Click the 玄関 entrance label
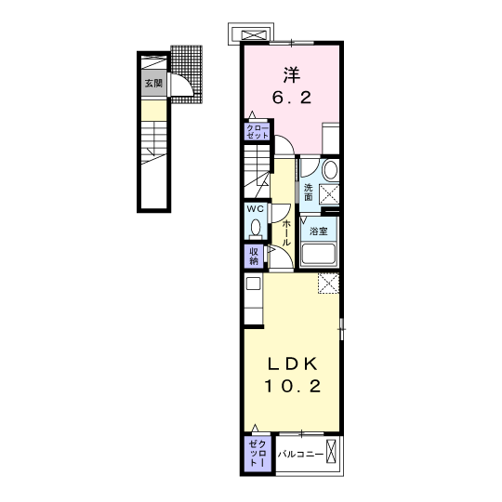(x=154, y=84)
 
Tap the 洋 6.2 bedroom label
(x=292, y=86)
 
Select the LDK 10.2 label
(x=292, y=376)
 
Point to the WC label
(x=256, y=209)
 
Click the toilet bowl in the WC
(x=256, y=228)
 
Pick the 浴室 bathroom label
(x=318, y=231)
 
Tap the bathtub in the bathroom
(x=319, y=255)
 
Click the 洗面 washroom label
(x=308, y=192)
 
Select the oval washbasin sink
(x=330, y=170)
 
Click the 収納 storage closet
(x=254, y=257)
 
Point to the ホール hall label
(x=286, y=232)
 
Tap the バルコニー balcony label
(x=300, y=454)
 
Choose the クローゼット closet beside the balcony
(x=258, y=454)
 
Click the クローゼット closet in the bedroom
(x=258, y=131)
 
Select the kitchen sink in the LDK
(x=253, y=284)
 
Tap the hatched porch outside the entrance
(x=187, y=74)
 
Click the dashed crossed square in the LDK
(x=328, y=283)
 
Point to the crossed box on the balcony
(x=331, y=451)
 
